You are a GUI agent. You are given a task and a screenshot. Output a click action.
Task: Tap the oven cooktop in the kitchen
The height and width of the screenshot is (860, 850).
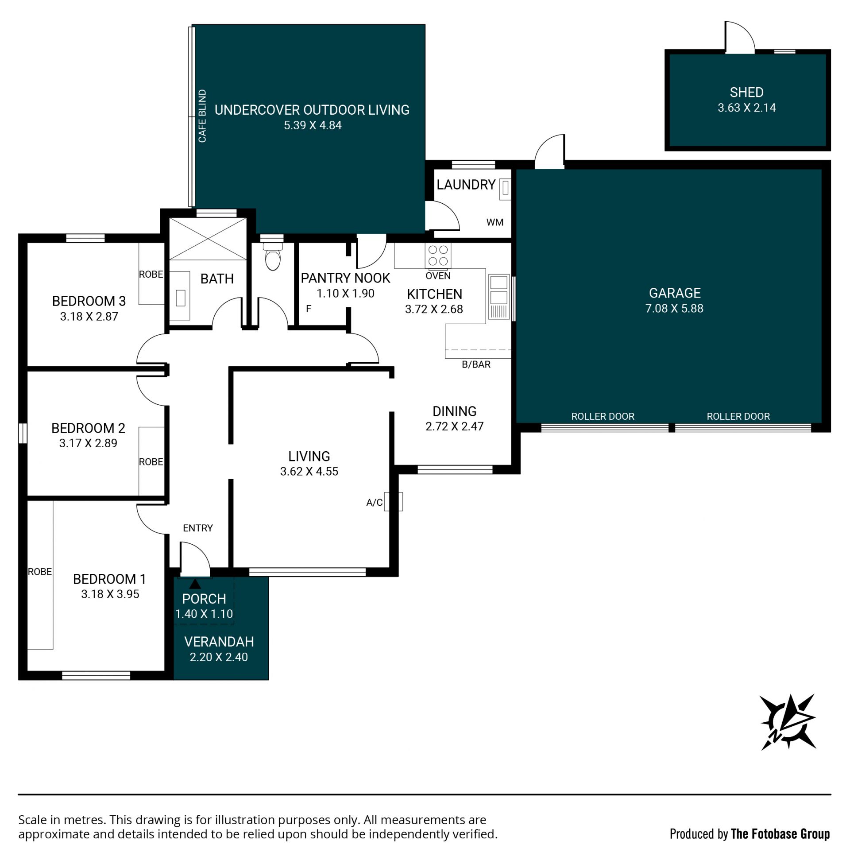(x=438, y=255)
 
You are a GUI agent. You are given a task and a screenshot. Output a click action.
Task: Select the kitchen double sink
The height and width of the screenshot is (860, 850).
(x=498, y=296)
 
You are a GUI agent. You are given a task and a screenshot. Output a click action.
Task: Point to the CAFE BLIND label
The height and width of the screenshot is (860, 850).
(x=202, y=116)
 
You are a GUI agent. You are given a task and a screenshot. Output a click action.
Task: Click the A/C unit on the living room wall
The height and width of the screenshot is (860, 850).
(x=394, y=501)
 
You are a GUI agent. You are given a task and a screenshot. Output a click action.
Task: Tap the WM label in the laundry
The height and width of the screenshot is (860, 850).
(x=495, y=222)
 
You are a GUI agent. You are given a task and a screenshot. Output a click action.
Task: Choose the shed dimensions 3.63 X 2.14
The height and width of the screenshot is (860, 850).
(x=747, y=108)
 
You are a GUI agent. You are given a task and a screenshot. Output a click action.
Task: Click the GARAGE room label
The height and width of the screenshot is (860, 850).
(x=675, y=293)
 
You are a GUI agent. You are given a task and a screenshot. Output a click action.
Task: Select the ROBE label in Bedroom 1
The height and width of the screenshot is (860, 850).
(x=39, y=572)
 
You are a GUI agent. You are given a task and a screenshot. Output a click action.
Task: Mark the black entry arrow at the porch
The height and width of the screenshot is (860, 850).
(x=195, y=584)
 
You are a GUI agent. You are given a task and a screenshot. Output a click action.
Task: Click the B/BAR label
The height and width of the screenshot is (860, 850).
(x=476, y=364)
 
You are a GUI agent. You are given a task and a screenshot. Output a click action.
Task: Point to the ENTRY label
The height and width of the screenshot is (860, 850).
(x=197, y=528)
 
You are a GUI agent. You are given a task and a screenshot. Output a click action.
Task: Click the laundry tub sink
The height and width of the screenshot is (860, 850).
(x=505, y=188)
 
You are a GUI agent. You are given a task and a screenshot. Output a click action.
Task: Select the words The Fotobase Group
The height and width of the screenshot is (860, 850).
(x=780, y=834)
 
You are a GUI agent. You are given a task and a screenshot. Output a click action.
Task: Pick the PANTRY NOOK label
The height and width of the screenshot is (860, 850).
(x=345, y=278)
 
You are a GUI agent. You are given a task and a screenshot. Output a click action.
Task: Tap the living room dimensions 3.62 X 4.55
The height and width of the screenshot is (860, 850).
(x=309, y=471)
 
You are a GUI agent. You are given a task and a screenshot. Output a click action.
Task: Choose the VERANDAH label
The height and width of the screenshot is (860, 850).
(x=219, y=641)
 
